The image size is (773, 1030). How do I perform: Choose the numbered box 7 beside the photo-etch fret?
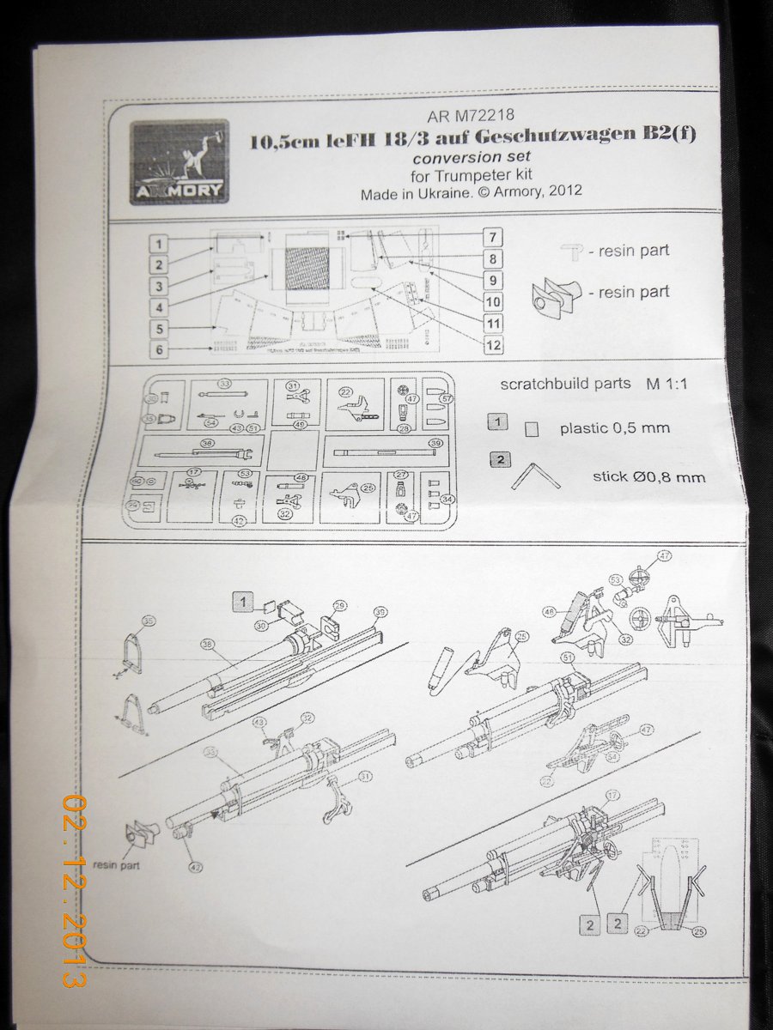point(493,237)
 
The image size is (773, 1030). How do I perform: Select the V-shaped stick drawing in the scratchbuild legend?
point(535,475)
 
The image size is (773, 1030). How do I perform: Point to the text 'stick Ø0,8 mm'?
point(648,476)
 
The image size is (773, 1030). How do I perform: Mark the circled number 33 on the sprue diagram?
point(224,383)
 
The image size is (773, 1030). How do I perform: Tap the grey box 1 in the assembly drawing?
point(245,602)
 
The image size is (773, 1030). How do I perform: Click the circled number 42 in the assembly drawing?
point(197,867)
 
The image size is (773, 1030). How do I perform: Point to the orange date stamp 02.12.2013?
point(76,888)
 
